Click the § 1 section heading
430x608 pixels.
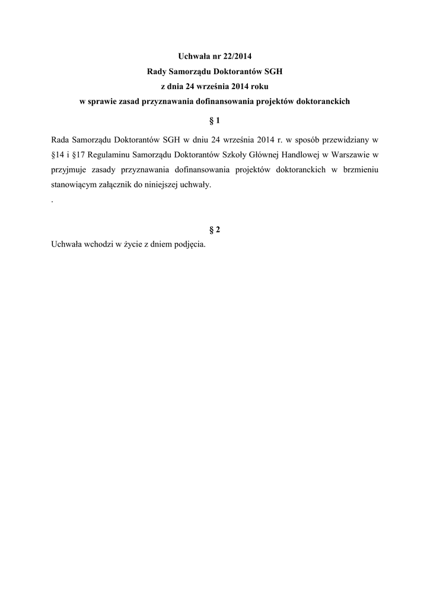[215, 121]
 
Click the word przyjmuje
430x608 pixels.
[69, 170]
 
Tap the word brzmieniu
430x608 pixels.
[358, 170]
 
